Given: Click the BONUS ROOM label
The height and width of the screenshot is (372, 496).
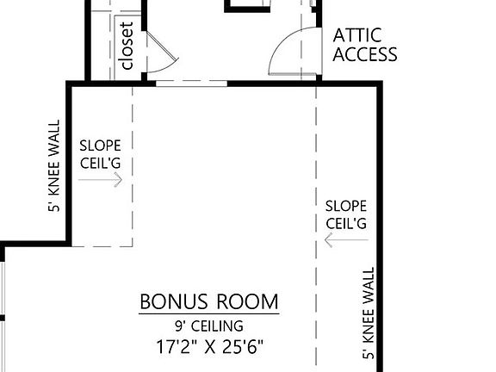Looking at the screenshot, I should point(209,302).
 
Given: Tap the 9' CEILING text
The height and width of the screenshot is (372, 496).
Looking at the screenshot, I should point(209,326).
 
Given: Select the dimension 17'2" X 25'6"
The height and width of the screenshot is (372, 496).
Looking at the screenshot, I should point(209,348).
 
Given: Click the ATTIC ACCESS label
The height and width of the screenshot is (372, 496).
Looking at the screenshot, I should point(365,45).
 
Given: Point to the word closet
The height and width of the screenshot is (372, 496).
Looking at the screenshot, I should point(127,46).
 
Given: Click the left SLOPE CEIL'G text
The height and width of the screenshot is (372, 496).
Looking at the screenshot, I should point(101,154).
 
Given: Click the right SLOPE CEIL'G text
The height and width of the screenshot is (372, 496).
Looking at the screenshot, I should point(346,214).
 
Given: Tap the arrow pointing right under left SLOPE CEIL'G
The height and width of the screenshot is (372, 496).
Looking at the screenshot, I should point(101,180).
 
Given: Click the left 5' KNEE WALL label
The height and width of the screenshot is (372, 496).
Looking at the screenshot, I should point(54,166).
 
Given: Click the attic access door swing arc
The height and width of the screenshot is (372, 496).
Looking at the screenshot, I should point(283,52).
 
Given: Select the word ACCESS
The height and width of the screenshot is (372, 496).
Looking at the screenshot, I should point(365,55).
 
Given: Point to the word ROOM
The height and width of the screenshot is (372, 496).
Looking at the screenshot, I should point(248,302).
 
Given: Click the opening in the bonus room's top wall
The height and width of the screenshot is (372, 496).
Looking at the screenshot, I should point(191,84).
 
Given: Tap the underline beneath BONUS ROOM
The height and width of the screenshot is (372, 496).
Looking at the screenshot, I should point(209,314).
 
